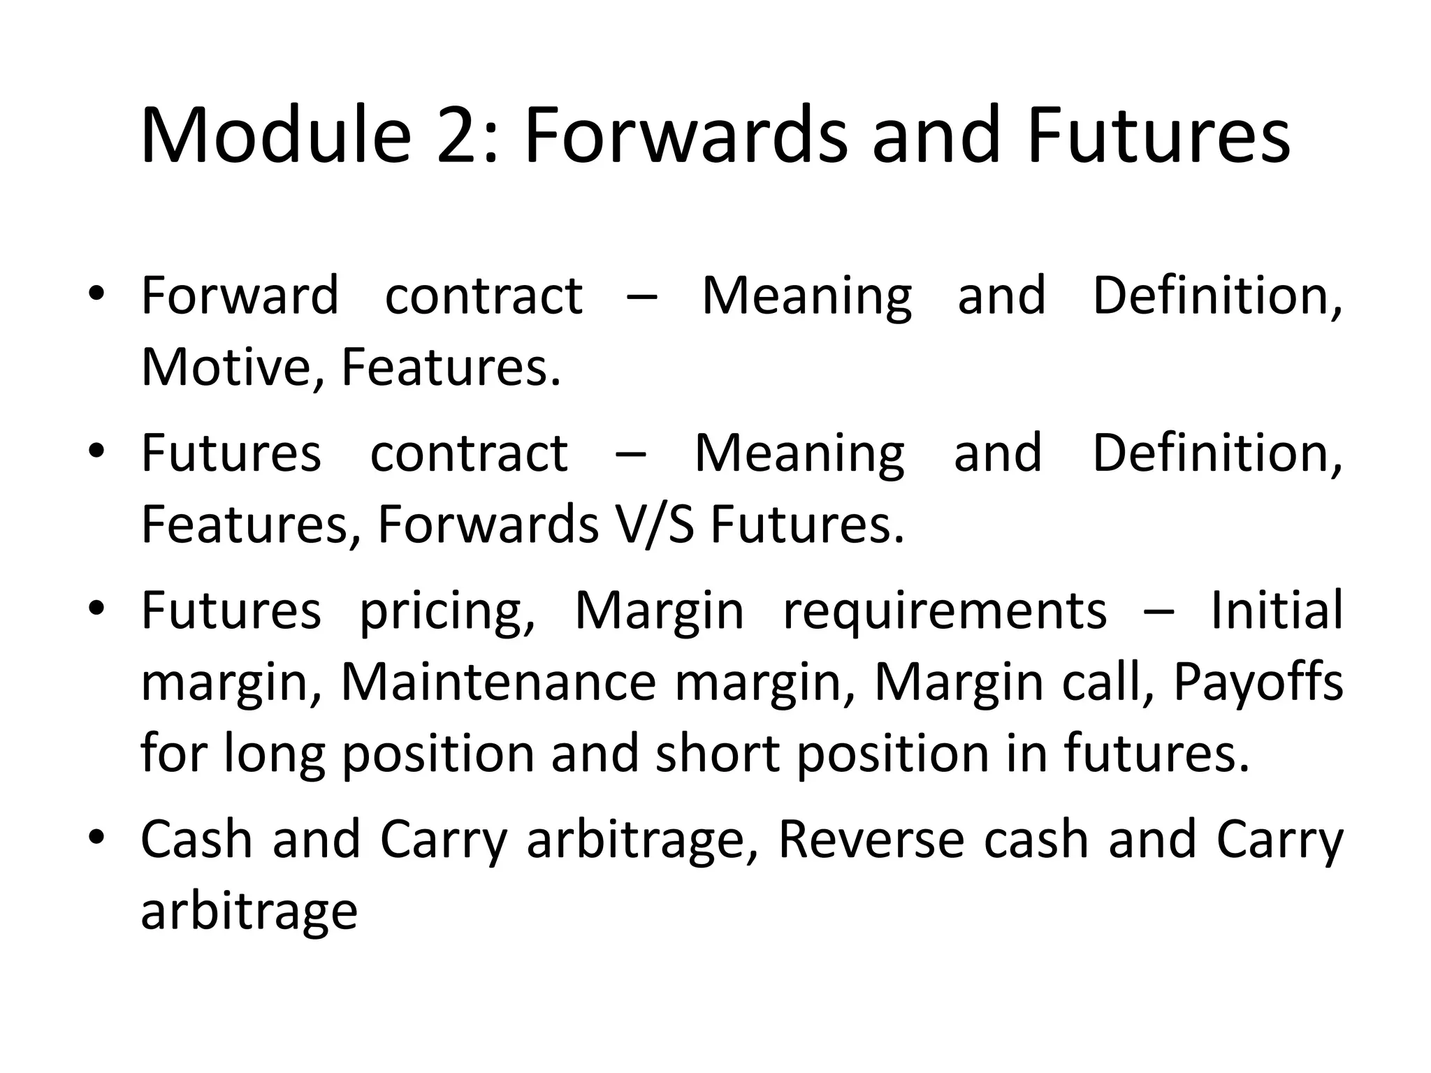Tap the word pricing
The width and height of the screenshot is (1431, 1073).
click(x=447, y=611)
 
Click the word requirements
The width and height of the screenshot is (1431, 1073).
click(x=945, y=611)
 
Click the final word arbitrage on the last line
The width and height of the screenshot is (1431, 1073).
click(x=249, y=912)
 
